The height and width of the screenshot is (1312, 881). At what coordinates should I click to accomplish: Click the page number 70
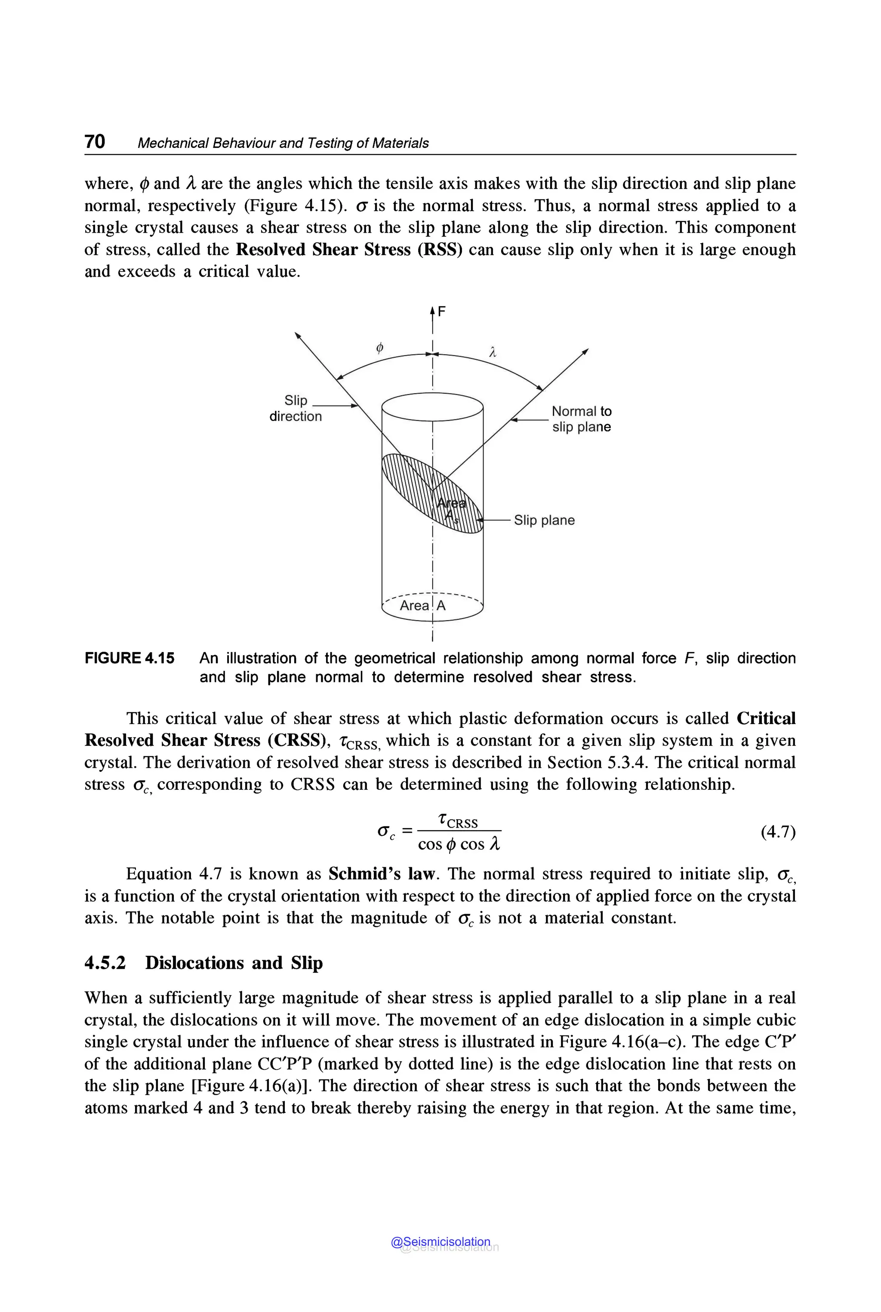pos(94,142)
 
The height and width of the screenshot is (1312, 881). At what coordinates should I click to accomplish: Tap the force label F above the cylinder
pos(442,311)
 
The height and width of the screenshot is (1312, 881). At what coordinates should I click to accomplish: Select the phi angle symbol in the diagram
pos(380,348)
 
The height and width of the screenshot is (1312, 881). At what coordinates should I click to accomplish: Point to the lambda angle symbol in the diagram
pos(493,352)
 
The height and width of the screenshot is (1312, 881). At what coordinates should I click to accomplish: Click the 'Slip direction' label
pos(296,409)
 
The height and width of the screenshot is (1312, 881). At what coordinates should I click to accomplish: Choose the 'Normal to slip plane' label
pos(581,419)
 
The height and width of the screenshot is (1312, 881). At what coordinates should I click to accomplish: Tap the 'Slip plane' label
pos(544,520)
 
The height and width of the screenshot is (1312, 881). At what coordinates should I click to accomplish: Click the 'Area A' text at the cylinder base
pos(422,606)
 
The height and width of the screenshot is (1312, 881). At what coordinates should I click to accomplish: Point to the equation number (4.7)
pos(778,832)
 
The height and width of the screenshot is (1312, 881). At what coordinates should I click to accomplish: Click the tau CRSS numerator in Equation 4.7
pos(459,822)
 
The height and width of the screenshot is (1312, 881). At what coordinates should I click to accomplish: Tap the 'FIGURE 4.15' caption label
pos(129,658)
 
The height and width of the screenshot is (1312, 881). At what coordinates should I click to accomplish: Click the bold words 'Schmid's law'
pos(382,874)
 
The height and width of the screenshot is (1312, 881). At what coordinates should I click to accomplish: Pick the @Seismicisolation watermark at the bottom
pos(441,1242)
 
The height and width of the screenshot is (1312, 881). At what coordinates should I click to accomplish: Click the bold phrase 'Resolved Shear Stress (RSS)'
pos(348,249)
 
